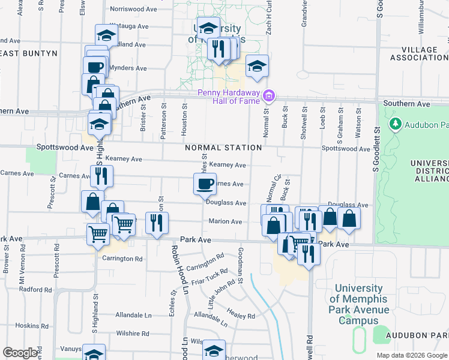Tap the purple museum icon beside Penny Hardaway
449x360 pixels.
pos(269,95)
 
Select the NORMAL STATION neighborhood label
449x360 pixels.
pos(223,148)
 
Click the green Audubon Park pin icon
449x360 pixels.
pos(395,124)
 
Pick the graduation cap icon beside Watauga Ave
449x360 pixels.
pos(106,35)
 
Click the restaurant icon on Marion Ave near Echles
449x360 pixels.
pos(157,223)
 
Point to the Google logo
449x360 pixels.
pos(20,353)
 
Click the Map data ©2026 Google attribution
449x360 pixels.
pos(412,355)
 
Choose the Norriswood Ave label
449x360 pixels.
pos(129,10)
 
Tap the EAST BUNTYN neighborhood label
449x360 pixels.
pos(29,53)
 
